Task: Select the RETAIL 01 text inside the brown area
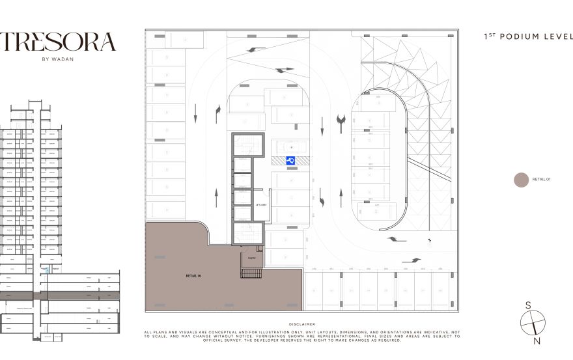[x=193, y=276]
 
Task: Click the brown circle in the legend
[x=521, y=180]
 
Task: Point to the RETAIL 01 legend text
[x=542, y=179]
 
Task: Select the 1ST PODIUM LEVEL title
[x=528, y=37]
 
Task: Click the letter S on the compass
[x=529, y=305]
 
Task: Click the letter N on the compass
[x=537, y=340]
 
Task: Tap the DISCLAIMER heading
[x=302, y=324]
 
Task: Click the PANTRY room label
[x=250, y=258]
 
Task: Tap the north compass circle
[x=533, y=323]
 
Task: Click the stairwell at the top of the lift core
[x=247, y=145]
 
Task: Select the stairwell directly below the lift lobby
[x=247, y=232]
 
